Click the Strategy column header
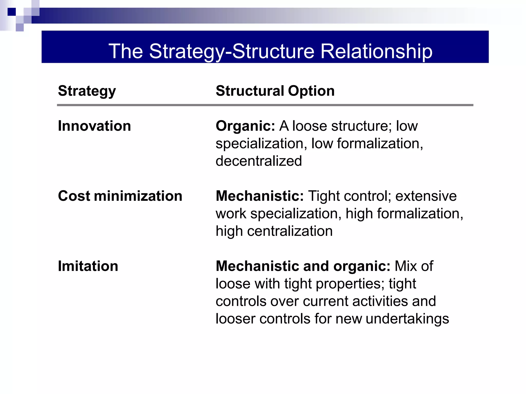tap(87, 91)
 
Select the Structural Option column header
tap(275, 91)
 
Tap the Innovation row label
tap(94, 126)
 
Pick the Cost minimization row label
tap(120, 196)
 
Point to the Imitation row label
tap(88, 266)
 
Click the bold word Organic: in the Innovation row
tap(245, 126)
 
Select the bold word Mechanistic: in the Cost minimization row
tap(260, 196)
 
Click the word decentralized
tap(259, 161)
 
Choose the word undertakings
tap(407, 319)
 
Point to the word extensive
tap(426, 196)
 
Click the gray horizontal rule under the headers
tap(265, 105)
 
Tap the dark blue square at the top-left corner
tap(12, 12)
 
